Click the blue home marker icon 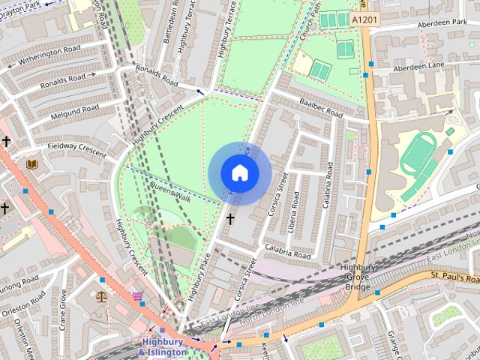[x=240, y=172]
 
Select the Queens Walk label [x=171, y=192]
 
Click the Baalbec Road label [x=320, y=109]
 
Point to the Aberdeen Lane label [x=416, y=67]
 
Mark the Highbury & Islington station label [x=163, y=347]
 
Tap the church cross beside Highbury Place [x=230, y=219]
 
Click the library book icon [x=31, y=163]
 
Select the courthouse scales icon [x=101, y=295]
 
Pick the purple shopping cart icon [x=137, y=297]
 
